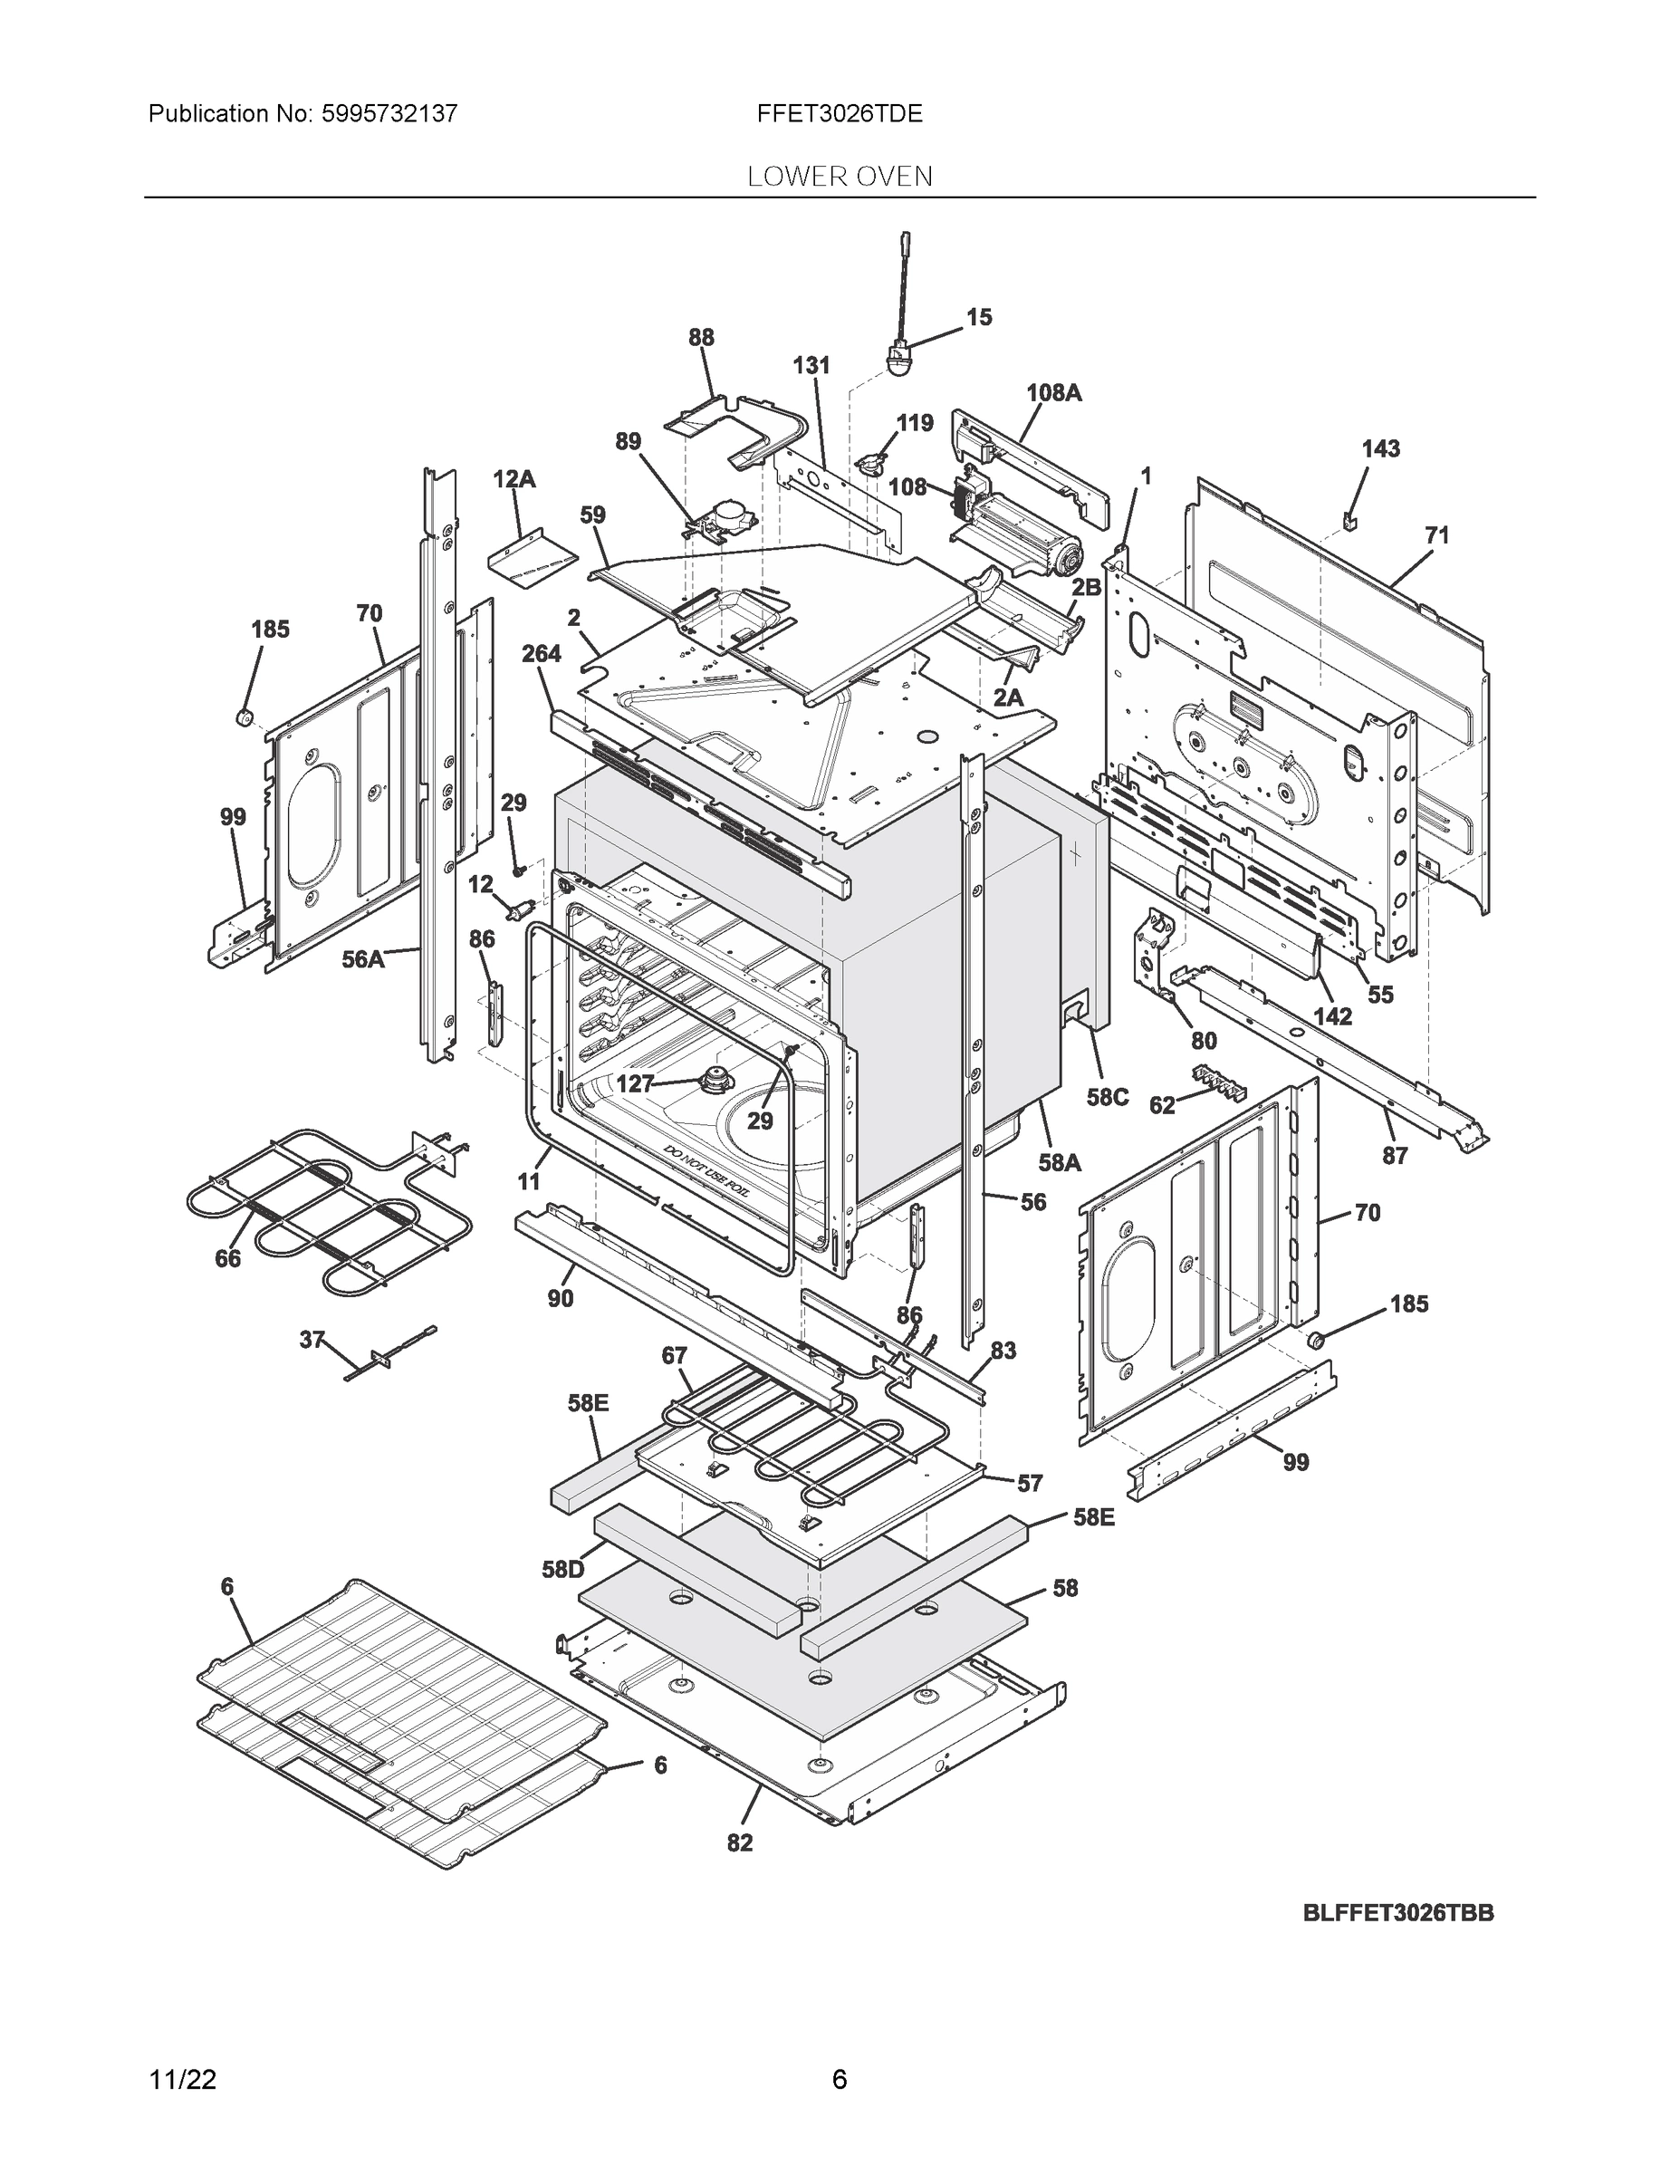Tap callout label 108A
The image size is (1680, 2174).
pos(1053,393)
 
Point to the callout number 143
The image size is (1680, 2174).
pos(1380,449)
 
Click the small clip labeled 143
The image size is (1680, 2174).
pos(1350,520)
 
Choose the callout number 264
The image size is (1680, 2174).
pos(541,654)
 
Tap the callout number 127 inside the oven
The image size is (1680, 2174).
pos(635,1084)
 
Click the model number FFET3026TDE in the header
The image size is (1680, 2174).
pos(839,113)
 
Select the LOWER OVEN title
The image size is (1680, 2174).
pos(839,178)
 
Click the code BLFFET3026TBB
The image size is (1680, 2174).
pos(1398,1913)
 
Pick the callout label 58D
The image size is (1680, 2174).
pos(562,1570)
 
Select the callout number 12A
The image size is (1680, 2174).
pos(514,480)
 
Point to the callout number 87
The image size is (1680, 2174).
pos(1395,1155)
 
